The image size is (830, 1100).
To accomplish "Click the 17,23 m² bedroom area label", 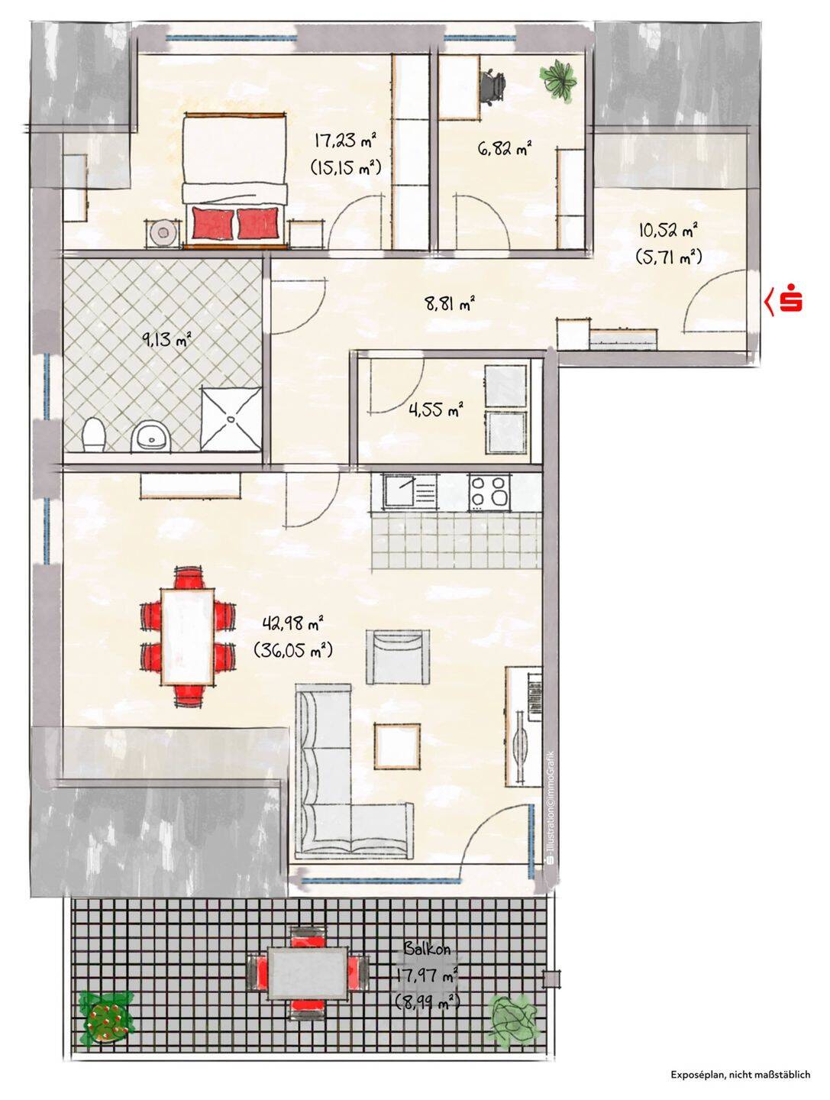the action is pyautogui.click(x=345, y=141).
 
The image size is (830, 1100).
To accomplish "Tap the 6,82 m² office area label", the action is pyautogui.click(x=505, y=148).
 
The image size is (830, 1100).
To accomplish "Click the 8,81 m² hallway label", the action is pyautogui.click(x=449, y=304).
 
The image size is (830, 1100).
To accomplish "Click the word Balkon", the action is pyautogui.click(x=427, y=949).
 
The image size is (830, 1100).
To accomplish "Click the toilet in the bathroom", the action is pyautogui.click(x=94, y=435).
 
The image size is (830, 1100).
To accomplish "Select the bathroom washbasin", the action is pyautogui.click(x=150, y=436).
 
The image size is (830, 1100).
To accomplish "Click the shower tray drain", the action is pyautogui.click(x=231, y=419).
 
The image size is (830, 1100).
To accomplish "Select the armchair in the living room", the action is pyautogui.click(x=398, y=657).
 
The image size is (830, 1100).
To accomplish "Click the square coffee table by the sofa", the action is pyautogui.click(x=396, y=746).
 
